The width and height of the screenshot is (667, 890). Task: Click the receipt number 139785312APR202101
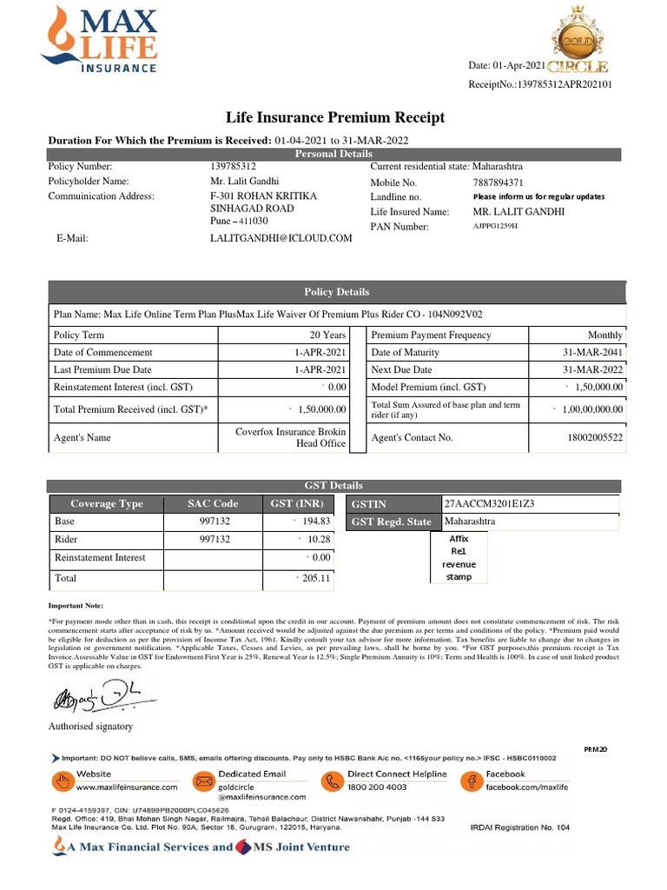tap(565, 84)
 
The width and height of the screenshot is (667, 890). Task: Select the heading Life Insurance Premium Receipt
tap(335, 117)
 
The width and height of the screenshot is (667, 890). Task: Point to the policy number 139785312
tap(234, 166)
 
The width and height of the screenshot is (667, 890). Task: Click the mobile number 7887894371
tap(499, 183)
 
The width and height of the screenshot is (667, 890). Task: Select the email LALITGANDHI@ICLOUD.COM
tap(281, 237)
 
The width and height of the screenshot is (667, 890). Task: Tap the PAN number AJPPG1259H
tap(495, 226)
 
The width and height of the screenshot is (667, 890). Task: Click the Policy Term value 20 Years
tap(327, 335)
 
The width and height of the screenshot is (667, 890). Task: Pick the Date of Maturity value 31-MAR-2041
tap(593, 353)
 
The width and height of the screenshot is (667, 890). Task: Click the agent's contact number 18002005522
tap(595, 438)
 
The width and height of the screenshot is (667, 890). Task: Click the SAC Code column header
tap(213, 503)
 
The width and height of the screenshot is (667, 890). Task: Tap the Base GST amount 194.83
tap(314, 521)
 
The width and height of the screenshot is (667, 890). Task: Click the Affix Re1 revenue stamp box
tap(459, 558)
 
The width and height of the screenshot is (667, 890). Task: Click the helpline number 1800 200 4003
tap(377, 787)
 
